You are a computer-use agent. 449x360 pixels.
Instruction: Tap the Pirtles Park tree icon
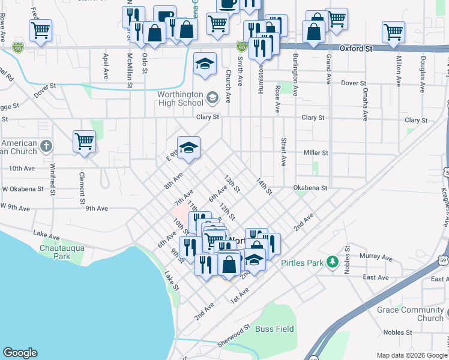(x=331, y=262)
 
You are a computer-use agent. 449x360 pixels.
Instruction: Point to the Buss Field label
(x=275, y=329)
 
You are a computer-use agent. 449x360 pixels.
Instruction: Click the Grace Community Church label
(x=410, y=314)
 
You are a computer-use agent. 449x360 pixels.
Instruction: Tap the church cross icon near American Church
(x=46, y=145)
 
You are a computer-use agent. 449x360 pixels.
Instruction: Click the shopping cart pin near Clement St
(x=85, y=142)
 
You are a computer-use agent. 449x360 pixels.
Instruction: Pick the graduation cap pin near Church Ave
(x=205, y=64)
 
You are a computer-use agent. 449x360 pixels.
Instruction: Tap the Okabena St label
(x=310, y=188)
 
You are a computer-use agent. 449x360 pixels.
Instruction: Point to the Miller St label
(x=316, y=153)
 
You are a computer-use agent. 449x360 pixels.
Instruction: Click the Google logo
(x=20, y=353)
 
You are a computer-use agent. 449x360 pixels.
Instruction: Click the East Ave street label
(x=376, y=277)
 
